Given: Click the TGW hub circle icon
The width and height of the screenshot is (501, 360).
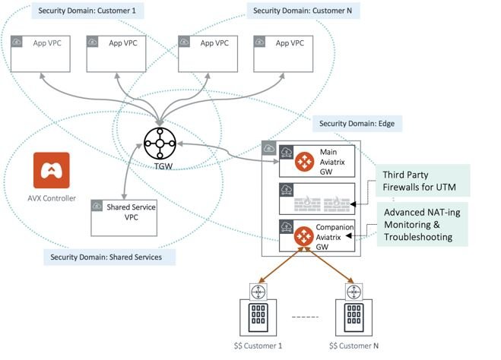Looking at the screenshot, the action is click(160, 144).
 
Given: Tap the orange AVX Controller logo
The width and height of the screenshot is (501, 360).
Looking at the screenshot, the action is click(52, 170).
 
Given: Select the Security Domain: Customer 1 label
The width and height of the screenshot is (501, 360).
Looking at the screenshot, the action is click(87, 11).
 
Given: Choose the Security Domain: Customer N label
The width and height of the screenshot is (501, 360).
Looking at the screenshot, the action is click(303, 11).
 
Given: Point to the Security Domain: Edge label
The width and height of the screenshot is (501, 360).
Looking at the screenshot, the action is click(357, 124).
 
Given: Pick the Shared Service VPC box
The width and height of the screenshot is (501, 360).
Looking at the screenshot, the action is click(124, 218).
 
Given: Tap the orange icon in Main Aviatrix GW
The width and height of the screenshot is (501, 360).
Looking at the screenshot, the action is click(305, 162).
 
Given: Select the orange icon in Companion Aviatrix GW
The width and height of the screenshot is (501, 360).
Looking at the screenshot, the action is click(303, 236).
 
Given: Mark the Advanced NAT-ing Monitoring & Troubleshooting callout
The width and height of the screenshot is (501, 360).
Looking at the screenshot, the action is click(423, 224).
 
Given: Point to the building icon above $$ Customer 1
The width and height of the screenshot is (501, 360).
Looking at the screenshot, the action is click(258, 317).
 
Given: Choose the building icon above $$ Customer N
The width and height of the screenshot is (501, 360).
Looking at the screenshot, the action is click(354, 317).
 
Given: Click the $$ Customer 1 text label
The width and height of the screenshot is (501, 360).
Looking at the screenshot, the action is click(258, 346).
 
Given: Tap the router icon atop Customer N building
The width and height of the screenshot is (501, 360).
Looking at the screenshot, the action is click(354, 292).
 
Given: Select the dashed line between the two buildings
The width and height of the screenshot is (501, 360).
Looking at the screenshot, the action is click(306, 317).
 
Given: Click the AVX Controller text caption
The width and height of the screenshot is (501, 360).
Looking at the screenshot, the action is click(52, 198).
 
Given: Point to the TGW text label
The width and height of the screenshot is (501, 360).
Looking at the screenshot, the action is click(163, 166).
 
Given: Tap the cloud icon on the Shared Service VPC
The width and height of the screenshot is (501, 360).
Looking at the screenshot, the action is click(97, 206).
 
